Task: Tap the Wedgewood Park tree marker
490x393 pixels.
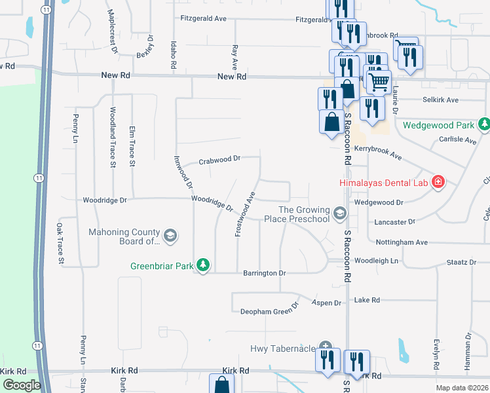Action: (x=484, y=124)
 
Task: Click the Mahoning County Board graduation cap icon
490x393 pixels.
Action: (x=170, y=236)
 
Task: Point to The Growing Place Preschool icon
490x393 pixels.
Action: (x=339, y=213)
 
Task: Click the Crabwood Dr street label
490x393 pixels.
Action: (x=221, y=159)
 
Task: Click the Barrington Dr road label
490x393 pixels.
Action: (x=265, y=272)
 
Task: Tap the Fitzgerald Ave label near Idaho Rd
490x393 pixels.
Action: (x=204, y=19)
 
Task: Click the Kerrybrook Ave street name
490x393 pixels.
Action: (x=378, y=153)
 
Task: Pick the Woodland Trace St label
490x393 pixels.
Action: (x=113, y=137)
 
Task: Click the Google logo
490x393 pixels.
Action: (x=22, y=385)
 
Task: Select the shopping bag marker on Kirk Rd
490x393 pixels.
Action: (x=221, y=385)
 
